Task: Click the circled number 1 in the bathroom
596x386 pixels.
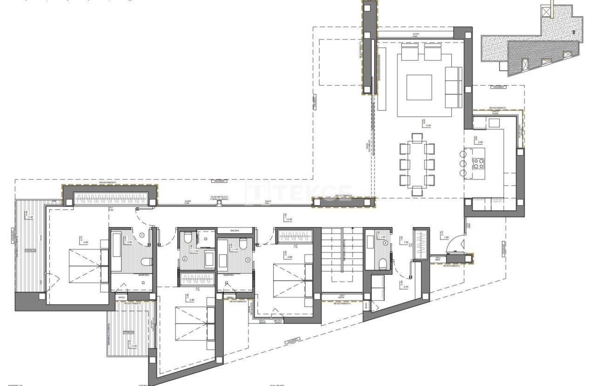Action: (x=142, y=235)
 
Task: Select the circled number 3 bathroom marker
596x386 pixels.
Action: (x=248, y=259)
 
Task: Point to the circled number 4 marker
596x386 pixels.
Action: (x=385, y=243)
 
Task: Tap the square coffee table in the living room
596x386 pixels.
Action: (x=419, y=87)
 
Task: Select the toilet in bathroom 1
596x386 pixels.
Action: (x=146, y=261)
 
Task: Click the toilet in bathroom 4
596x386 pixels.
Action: (x=381, y=264)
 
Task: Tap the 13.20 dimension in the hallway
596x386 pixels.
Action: (x=289, y=219)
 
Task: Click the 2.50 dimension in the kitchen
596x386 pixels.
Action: (x=480, y=142)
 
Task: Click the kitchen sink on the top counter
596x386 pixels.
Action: (x=494, y=123)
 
